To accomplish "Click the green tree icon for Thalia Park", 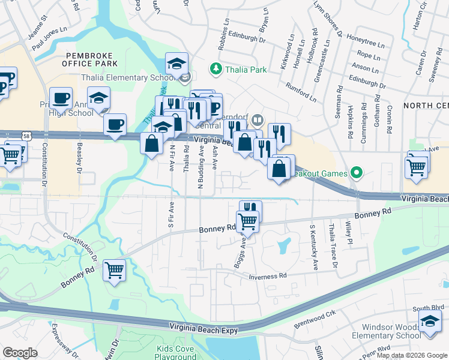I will pyautogui.click(x=215, y=70).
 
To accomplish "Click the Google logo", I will pyautogui.click(x=20, y=352).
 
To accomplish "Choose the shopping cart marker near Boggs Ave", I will pyautogui.click(x=247, y=223).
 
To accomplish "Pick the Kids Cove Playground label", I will pyautogui.click(x=176, y=352).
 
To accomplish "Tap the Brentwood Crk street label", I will pyautogui.click(x=315, y=320).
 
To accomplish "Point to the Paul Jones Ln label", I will pyautogui.click(x=50, y=40).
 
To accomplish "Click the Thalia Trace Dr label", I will pyautogui.click(x=333, y=247).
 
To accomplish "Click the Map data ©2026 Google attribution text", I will pyautogui.click(x=412, y=355).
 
